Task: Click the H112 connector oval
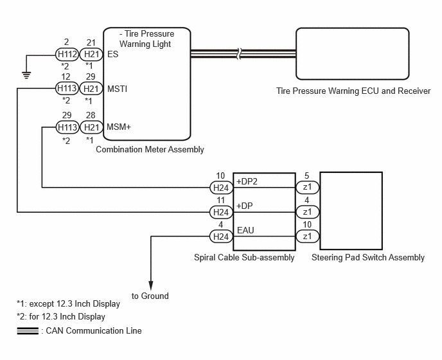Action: [x=67, y=54]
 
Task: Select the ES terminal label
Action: [x=113, y=54]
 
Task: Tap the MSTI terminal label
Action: [x=118, y=89]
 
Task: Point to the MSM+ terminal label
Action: [x=119, y=127]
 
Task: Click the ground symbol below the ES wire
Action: [x=26, y=75]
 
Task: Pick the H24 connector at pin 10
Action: [x=221, y=188]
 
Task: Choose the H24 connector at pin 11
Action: [x=221, y=212]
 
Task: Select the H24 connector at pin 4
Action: [x=221, y=237]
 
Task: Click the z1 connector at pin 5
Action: [x=307, y=187]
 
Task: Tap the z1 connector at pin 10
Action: [x=307, y=236]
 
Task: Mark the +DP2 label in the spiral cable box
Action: [x=247, y=181]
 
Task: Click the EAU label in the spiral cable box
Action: [x=245, y=230]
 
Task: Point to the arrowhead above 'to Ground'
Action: [x=151, y=285]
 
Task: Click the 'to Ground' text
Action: [x=150, y=296]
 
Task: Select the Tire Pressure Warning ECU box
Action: [x=352, y=53]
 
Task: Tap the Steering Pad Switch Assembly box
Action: [x=351, y=211]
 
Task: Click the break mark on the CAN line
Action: [x=239, y=53]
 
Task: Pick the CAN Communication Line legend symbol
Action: [x=28, y=330]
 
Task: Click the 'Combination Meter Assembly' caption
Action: [x=150, y=149]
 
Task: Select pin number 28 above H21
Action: [x=91, y=115]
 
